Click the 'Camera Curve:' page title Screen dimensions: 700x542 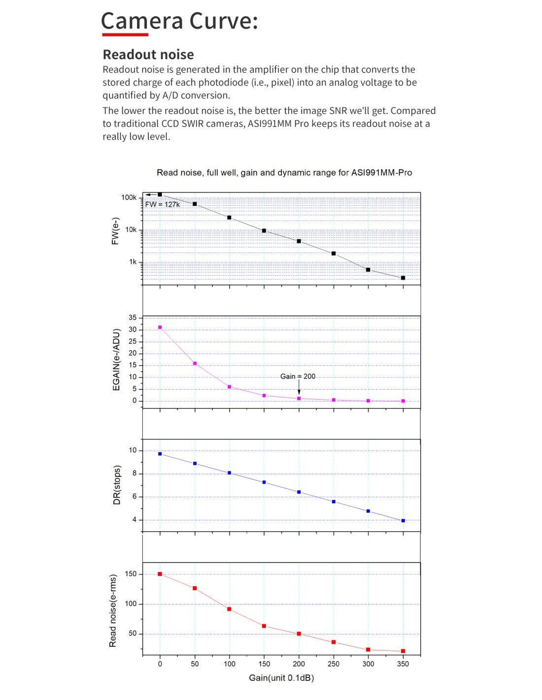[x=179, y=21]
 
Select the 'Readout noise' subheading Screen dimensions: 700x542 [x=148, y=55]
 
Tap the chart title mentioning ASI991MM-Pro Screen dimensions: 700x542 [x=284, y=173]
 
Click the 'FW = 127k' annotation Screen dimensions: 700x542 [x=162, y=204]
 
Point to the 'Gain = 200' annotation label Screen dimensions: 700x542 [x=298, y=377]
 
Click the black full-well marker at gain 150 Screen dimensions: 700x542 [x=264, y=231]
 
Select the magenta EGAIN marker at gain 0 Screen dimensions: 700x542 [x=160, y=327]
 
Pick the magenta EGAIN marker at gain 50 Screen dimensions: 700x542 [x=195, y=364]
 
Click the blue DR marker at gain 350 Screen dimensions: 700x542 [x=403, y=521]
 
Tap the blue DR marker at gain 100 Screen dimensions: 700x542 [x=229, y=473]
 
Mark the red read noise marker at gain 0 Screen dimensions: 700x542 [x=160, y=574]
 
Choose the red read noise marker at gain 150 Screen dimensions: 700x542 [x=264, y=626]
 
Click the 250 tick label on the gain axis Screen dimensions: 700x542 [x=334, y=664]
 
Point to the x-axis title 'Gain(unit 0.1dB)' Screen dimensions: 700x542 [x=281, y=678]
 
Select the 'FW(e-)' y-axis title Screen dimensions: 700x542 [x=116, y=231]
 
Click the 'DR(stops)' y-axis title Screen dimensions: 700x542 [x=117, y=485]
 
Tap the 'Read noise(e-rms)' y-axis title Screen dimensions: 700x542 [x=113, y=611]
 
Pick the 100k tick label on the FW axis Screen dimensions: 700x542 [x=129, y=198]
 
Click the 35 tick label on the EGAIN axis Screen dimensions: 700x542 [x=133, y=318]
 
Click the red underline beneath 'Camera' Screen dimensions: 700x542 [x=125, y=34]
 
